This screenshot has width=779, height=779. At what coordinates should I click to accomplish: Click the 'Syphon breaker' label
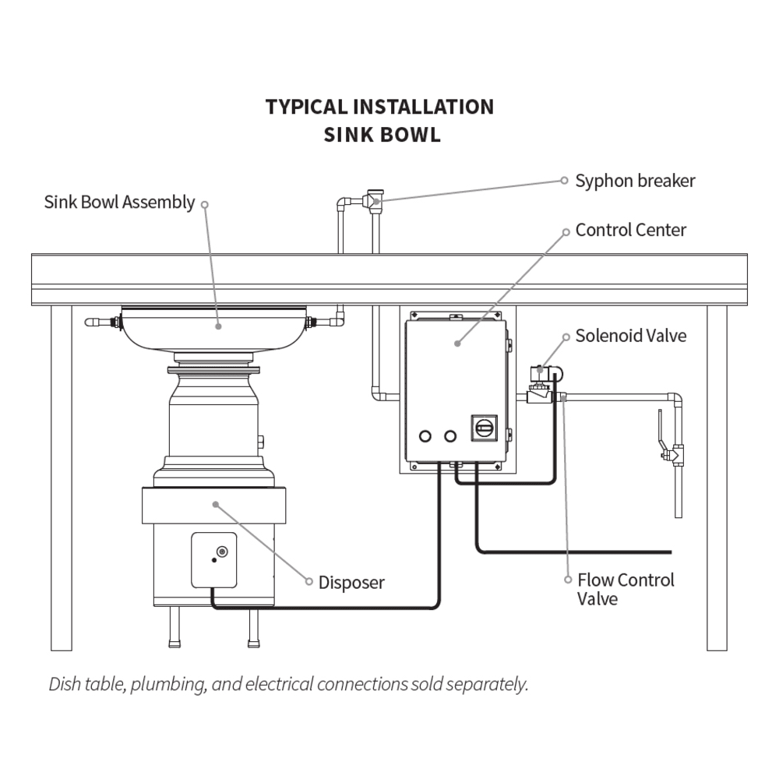(x=635, y=182)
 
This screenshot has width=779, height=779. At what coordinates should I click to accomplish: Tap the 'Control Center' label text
(x=631, y=231)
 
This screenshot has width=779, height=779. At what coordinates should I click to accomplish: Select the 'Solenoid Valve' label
(x=631, y=336)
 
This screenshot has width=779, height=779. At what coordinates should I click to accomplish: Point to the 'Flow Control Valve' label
(x=626, y=589)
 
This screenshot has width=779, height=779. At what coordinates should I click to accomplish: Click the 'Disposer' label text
(x=351, y=583)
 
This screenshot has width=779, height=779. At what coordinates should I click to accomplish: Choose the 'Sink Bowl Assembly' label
(x=119, y=203)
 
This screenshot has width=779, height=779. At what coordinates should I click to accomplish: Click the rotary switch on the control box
(x=483, y=427)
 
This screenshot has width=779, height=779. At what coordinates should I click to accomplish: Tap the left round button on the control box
(x=425, y=435)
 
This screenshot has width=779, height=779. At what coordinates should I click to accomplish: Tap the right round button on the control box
(x=450, y=435)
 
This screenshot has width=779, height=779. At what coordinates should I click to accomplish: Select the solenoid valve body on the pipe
(x=539, y=386)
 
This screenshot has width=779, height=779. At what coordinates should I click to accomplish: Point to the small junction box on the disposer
(x=214, y=559)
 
